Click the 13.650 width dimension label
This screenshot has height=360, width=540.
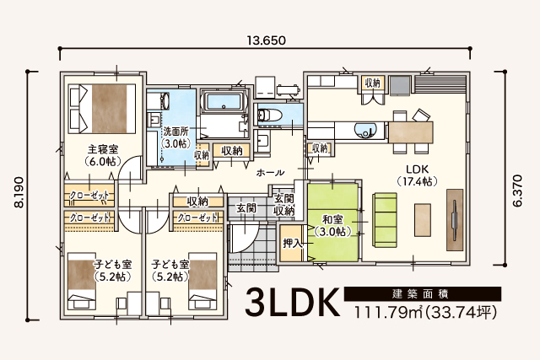267,40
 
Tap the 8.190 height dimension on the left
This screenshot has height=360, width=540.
19,192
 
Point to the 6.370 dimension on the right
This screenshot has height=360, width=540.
517,191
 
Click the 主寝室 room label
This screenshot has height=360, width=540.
103,150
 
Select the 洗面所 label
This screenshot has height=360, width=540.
176,132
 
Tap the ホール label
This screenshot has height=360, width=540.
270,173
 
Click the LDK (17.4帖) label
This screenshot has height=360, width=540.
417,175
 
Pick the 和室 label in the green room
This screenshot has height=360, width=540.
332,219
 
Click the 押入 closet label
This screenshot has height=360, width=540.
293,244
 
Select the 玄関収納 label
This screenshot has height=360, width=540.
283,204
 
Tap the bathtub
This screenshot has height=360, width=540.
224,102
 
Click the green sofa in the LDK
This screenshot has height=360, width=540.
385,219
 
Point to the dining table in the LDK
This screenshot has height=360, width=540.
411,132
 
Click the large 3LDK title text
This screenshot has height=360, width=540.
292,303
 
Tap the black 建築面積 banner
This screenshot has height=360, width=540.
423,294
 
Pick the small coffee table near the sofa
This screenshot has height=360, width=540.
423,219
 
